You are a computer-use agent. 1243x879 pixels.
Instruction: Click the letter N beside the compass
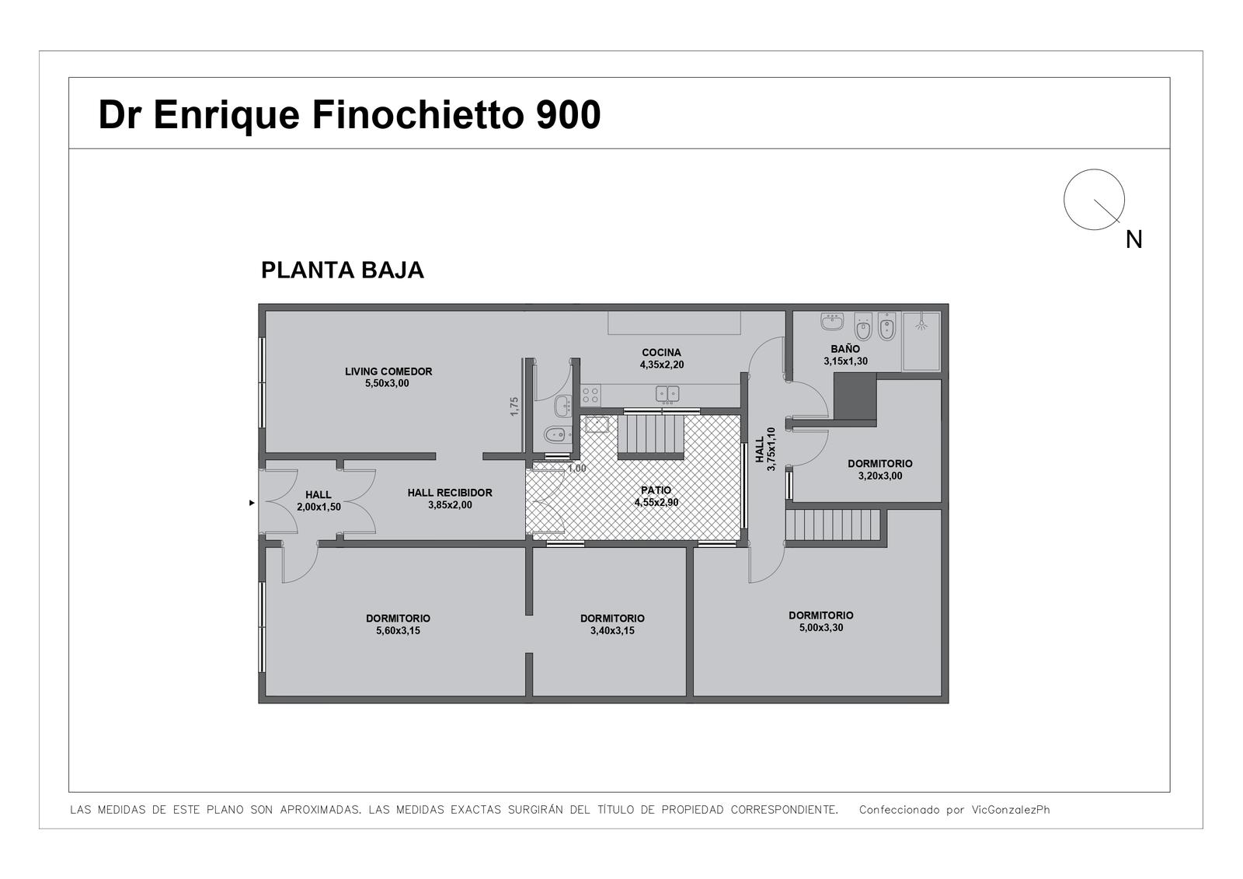coord(1133,240)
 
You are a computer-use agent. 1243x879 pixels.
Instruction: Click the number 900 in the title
coord(568,115)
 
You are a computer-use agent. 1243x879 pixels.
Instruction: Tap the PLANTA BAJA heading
coord(343,270)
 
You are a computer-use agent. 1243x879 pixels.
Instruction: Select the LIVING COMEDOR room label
coord(388,371)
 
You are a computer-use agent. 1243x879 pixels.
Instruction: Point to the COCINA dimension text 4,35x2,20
coord(661,365)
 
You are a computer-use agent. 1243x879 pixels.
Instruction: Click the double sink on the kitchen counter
coord(667,394)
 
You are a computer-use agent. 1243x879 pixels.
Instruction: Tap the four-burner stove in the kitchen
coord(590,396)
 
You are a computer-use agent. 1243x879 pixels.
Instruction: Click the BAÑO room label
coord(845,349)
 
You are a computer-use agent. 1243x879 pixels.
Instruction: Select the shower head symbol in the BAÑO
coord(921,324)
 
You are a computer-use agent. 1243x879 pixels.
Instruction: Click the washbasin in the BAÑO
coord(832,322)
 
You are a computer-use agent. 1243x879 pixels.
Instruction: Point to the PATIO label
coord(656,490)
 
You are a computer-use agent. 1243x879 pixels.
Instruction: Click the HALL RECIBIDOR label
coord(450,493)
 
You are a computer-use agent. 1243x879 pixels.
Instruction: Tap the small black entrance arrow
coord(252,503)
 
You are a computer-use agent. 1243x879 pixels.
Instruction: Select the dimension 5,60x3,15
coord(398,631)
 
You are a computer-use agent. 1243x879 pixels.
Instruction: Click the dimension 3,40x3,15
coord(612,631)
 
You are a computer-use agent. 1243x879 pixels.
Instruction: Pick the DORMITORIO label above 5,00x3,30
coord(820,616)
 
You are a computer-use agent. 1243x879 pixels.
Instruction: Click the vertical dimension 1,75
coord(514,406)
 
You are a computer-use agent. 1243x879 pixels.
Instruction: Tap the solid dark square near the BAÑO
coord(855,396)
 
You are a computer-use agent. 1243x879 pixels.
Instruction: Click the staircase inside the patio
coord(651,435)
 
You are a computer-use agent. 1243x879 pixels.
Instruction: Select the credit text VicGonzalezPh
coord(1011,810)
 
